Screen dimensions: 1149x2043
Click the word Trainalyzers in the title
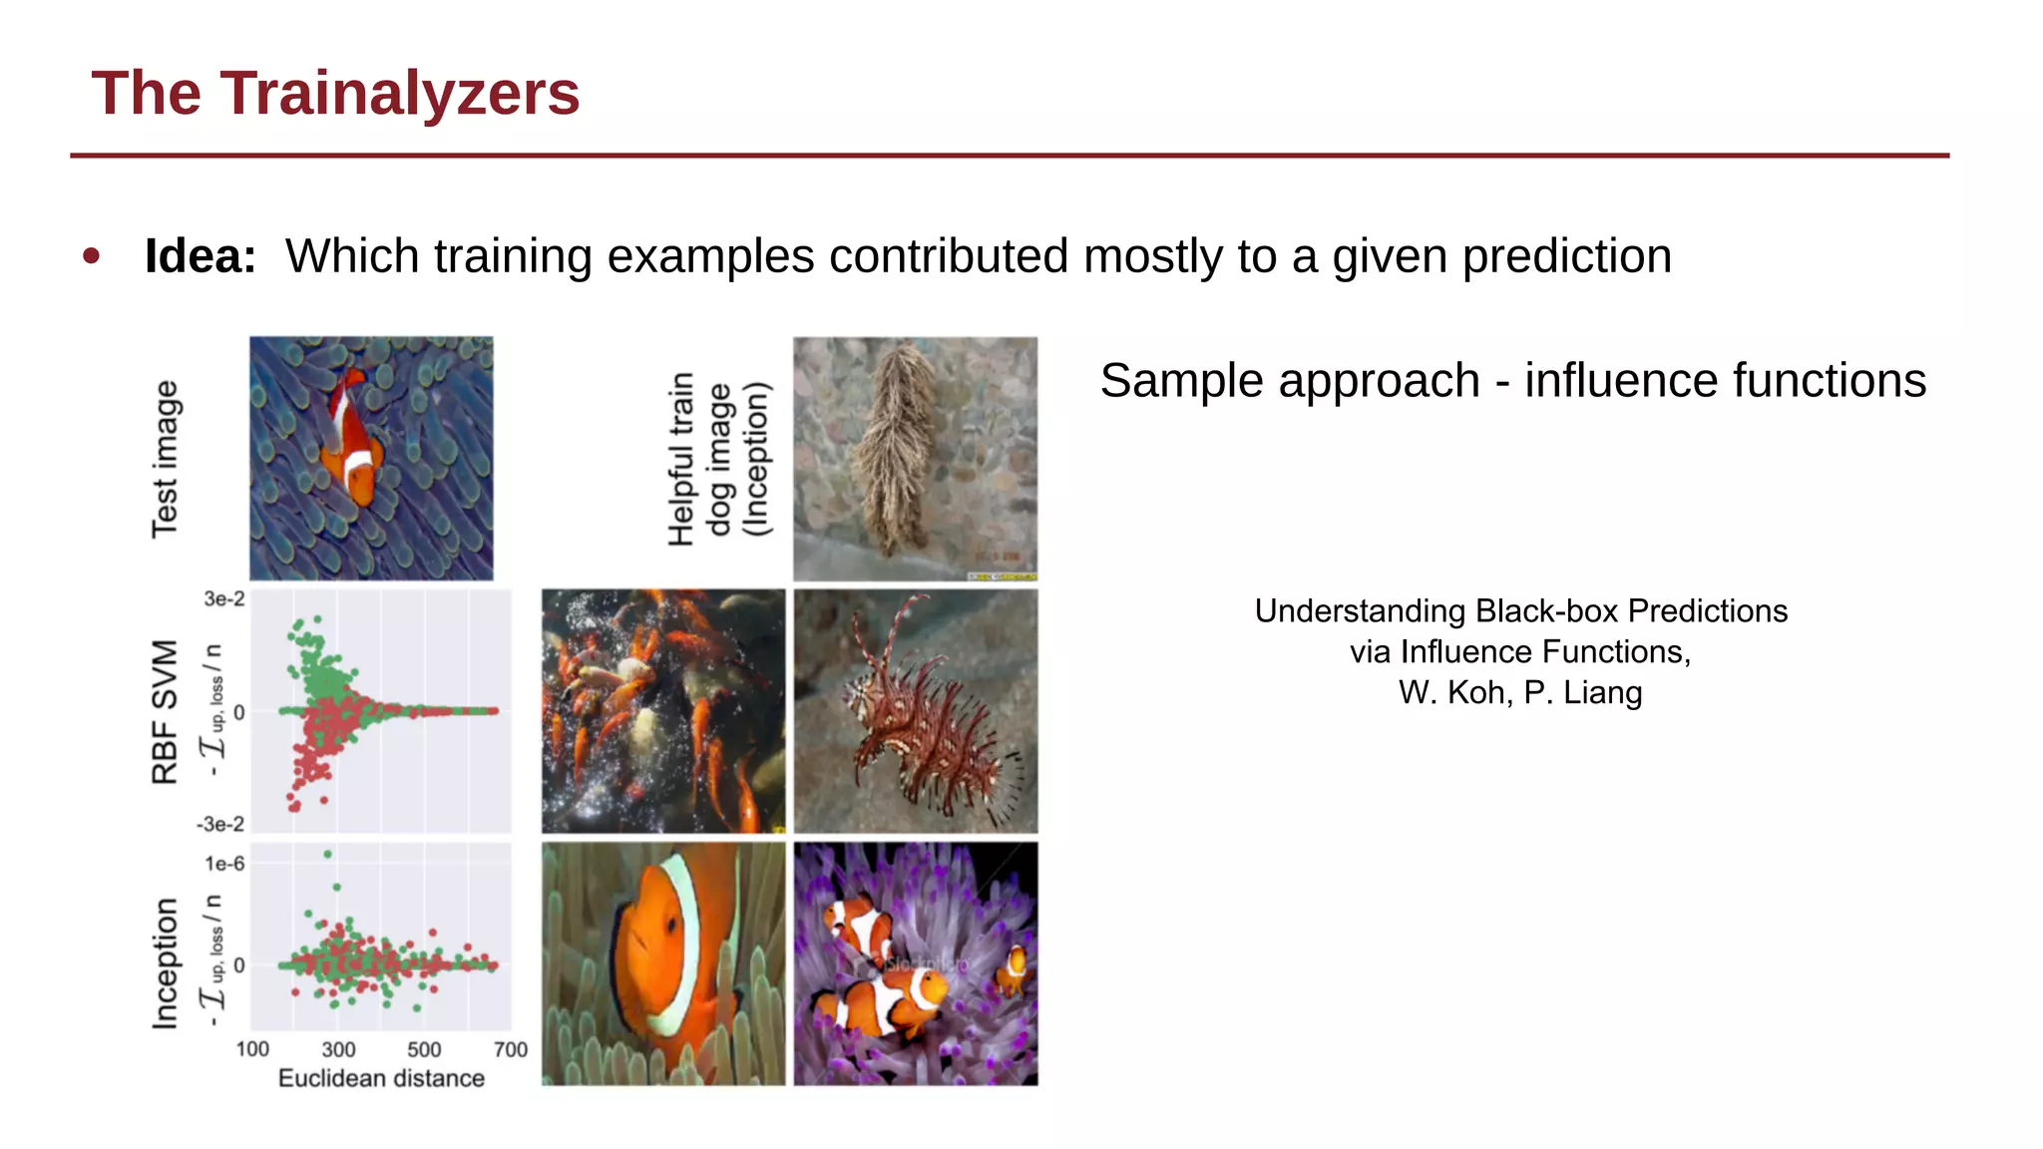click(399, 94)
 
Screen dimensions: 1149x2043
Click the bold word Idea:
click(201, 256)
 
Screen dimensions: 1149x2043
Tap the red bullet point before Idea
click(92, 256)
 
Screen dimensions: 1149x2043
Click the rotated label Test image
click(166, 459)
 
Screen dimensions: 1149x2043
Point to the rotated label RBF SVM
click(166, 712)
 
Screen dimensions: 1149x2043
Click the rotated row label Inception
click(166, 963)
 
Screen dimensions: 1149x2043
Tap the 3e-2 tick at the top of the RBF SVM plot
click(224, 599)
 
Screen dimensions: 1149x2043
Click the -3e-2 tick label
click(220, 824)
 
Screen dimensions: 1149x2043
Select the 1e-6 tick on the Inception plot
click(224, 864)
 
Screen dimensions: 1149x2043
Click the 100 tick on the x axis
click(252, 1049)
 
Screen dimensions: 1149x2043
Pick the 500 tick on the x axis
click(424, 1049)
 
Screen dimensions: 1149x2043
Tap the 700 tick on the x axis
click(511, 1049)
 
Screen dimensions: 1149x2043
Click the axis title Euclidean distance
click(381, 1078)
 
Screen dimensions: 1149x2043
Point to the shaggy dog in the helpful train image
click(902, 444)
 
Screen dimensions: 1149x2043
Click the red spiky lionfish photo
click(915, 710)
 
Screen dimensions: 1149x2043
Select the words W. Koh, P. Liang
click(1520, 692)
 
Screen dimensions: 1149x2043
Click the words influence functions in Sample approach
click(1725, 381)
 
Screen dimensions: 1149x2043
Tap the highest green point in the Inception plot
click(328, 854)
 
